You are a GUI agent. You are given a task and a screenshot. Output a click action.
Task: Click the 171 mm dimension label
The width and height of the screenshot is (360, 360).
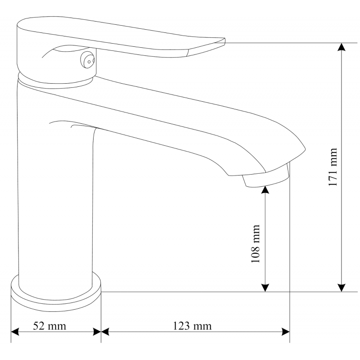tap(333, 167)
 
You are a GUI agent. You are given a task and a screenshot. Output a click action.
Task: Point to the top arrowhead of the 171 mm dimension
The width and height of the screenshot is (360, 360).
tap(342, 47)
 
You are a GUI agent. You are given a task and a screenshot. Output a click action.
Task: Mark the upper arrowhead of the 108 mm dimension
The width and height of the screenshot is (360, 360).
tap(265, 189)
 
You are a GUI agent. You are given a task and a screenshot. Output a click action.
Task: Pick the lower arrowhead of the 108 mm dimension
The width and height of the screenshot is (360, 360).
tap(265, 287)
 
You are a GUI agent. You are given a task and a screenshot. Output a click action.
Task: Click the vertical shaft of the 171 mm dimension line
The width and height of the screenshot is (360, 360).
tap(342, 112)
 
